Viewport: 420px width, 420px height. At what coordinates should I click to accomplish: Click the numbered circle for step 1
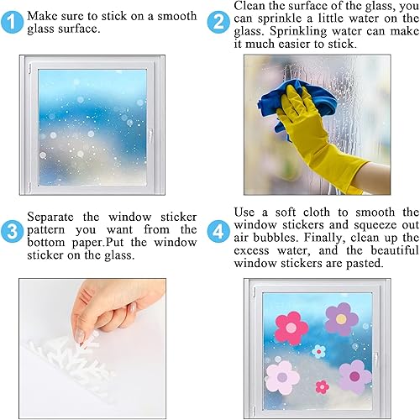pos(12,20)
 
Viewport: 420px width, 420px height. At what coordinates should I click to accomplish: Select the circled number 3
pos(12,230)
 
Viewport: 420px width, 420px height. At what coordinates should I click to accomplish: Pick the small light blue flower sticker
pos(319,350)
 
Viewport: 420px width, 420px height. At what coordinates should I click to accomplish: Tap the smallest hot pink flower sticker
pos(322,386)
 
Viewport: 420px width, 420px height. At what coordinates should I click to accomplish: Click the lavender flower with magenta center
pos(355,375)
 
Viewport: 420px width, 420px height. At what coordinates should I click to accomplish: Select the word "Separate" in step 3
pos(51,216)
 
